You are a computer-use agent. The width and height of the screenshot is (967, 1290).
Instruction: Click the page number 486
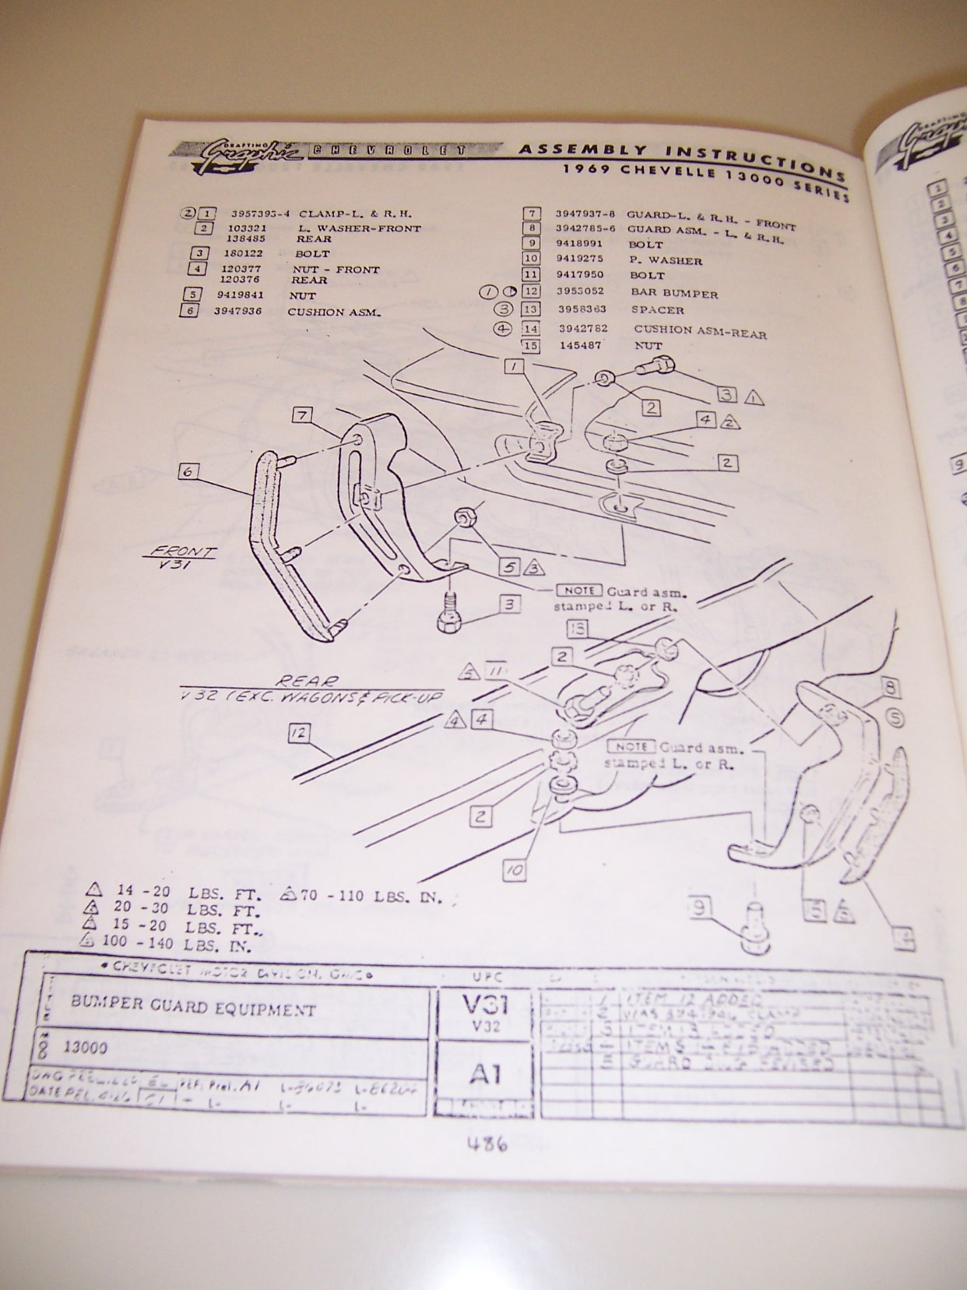[x=487, y=1144]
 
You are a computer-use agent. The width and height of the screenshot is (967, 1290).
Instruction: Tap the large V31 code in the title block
[x=483, y=1003]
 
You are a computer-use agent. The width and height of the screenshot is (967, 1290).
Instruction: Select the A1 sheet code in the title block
[x=484, y=1074]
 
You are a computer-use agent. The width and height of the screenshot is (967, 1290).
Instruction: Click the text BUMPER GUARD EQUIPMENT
[x=193, y=1008]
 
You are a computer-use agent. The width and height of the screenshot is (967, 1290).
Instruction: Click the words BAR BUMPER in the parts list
[x=674, y=294]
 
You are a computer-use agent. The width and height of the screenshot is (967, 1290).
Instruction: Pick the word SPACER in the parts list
[x=657, y=310]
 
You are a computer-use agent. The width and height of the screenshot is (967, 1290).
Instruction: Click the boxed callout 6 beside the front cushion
[x=188, y=471]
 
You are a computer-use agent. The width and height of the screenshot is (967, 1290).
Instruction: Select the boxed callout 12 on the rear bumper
[x=299, y=732]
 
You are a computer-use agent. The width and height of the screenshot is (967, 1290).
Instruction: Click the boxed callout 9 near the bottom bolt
[x=701, y=907]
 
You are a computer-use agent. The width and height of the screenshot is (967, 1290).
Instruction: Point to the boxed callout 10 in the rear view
[x=515, y=869]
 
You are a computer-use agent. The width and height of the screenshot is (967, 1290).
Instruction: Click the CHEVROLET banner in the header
[x=387, y=150]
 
